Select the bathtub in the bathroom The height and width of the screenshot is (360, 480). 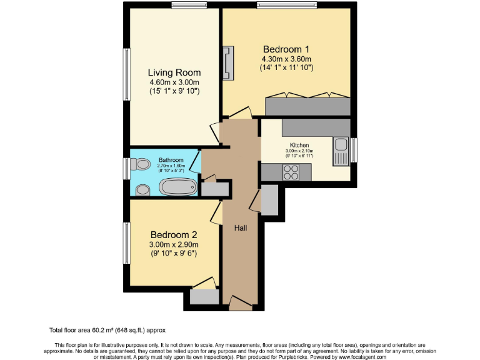tap(178, 187)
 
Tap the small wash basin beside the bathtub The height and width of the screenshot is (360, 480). tap(142, 189)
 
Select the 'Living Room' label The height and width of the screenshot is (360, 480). tap(174, 72)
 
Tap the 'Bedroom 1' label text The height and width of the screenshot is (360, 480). tap(286, 49)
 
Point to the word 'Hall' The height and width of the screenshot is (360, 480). tap(240, 228)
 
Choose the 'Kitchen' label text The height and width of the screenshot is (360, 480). tap(299, 145)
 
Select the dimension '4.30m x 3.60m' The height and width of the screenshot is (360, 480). tap(286, 59)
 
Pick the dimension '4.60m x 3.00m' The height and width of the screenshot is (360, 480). tap(174, 82)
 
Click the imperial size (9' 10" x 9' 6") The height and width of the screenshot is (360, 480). tap(173, 254)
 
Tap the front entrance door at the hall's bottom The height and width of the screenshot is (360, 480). tap(240, 303)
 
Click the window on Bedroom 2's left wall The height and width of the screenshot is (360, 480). tap(126, 242)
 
